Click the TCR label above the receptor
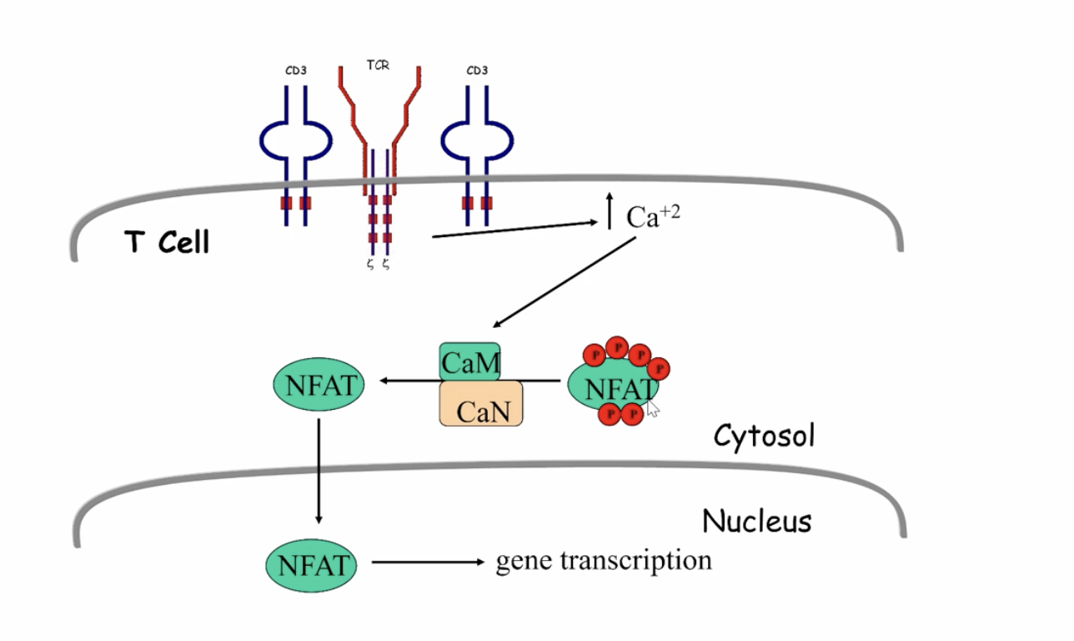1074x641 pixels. pos(378,65)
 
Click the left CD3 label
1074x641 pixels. pos(295,71)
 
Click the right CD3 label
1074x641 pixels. pos(477,71)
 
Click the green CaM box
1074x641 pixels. pos(470,362)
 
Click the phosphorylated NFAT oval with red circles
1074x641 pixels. pos(613,387)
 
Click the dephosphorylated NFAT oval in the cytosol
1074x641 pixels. pos(319,385)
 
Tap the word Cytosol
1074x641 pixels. pos(763,436)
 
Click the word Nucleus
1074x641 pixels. pos(756,522)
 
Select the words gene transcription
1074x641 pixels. pos(604,560)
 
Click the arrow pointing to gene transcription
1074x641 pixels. pos(427,563)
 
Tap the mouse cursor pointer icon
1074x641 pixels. pos(652,407)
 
